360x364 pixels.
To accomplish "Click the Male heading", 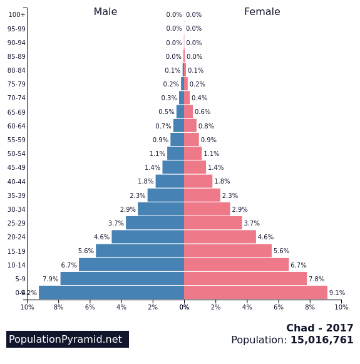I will [x=105, y=12].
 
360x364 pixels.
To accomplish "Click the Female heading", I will [x=262, y=12].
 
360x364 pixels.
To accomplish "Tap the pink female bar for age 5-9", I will [x=245, y=279].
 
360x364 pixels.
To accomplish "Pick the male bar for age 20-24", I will [x=148, y=237].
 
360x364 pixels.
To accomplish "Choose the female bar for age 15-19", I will [x=228, y=251].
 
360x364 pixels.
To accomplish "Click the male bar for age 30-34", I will [x=161, y=209].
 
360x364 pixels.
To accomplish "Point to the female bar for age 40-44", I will [x=198, y=181].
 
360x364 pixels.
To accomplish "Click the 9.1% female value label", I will [x=337, y=293].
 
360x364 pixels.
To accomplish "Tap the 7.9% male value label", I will [x=50, y=279].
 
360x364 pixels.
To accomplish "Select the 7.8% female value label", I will [x=316, y=279].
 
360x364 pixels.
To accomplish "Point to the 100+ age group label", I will [x=17, y=14].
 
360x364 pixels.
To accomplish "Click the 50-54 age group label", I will [x=16, y=153].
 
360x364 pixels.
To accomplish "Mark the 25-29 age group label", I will [x=16, y=223].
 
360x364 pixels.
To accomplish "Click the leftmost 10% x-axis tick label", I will [x=27, y=307].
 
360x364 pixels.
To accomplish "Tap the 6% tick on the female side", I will [x=279, y=307].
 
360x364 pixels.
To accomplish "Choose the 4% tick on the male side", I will [x=121, y=307].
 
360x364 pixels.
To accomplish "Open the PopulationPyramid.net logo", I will [x=68, y=339].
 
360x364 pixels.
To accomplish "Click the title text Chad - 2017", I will [x=319, y=328].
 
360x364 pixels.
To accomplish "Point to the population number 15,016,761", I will [x=322, y=340].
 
